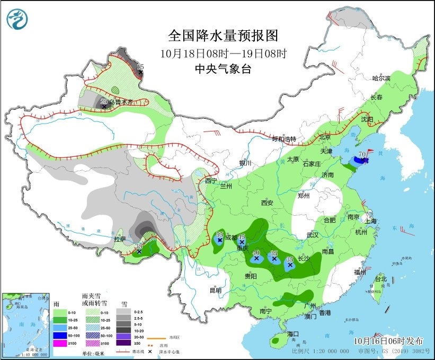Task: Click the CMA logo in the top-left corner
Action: coord(17,19)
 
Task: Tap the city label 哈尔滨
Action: coord(380,78)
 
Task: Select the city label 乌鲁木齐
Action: coord(120,101)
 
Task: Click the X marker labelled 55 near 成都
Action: coord(219,240)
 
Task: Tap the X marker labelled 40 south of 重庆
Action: coord(256,259)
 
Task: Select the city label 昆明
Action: coord(215,290)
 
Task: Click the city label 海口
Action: coord(294,334)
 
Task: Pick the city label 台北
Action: coord(380,278)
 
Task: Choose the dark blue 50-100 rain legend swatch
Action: coord(60,336)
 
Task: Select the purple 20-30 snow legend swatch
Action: coord(123,336)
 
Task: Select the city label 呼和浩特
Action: coord(283,139)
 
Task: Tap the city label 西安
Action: coord(267,203)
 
